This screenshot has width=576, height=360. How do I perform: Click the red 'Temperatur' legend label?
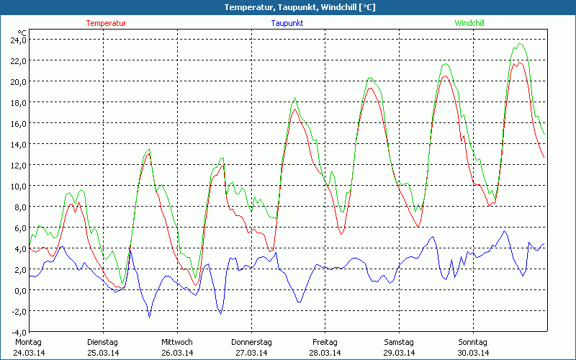(106, 23)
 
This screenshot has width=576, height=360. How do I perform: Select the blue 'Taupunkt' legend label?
(287, 23)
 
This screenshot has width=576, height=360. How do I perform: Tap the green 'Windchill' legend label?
(469, 23)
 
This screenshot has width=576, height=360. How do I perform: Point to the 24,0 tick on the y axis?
(17, 40)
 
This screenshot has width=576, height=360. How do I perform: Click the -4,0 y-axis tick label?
(17, 332)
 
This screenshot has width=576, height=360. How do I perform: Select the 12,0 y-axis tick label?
(17, 165)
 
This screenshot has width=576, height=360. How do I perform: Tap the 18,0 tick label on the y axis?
(17, 102)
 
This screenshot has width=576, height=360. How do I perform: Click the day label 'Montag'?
(28, 342)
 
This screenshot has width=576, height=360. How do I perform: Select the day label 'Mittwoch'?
(177, 342)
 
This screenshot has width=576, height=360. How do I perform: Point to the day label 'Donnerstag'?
(251, 342)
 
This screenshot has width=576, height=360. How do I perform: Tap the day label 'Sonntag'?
(473, 342)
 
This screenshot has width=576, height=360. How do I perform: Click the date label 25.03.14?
(102, 353)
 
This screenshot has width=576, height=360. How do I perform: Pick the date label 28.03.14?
(325, 353)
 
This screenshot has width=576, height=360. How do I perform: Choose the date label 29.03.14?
(399, 353)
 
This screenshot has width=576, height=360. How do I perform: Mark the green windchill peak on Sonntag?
(521, 44)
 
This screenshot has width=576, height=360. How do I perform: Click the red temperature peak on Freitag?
(370, 88)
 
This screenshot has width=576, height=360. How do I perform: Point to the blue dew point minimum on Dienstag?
(150, 317)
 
